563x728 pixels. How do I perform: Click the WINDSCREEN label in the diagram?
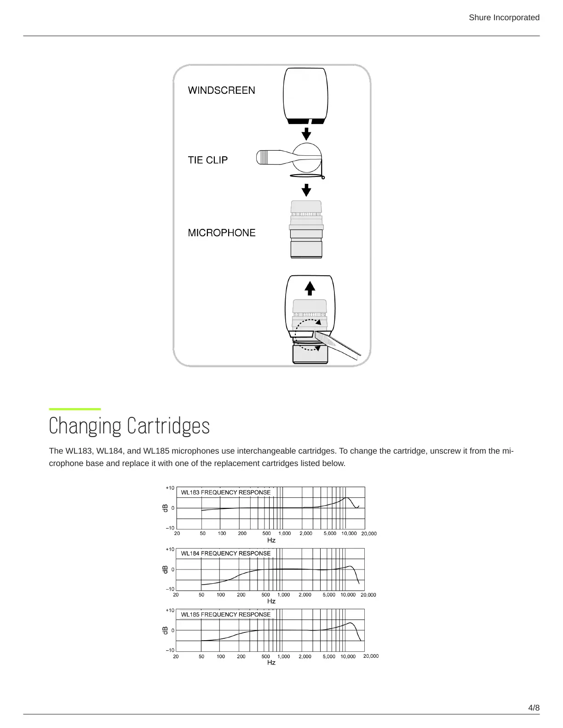221,90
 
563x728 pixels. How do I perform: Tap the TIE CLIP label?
207,160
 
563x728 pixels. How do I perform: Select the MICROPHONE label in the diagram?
221,233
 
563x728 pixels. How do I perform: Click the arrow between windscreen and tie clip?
306,134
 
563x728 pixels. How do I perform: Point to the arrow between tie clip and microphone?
306,189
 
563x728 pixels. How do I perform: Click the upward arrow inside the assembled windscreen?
310,288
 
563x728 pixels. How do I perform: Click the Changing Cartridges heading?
129,426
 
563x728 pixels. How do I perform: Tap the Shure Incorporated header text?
504,17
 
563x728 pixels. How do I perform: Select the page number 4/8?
534,707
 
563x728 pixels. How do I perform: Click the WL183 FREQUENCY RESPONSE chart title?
225,492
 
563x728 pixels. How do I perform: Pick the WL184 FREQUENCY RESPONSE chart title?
225,553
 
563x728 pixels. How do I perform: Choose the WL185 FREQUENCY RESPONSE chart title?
225,614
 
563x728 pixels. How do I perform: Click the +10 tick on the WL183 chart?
170,488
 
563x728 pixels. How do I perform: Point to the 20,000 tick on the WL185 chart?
371,656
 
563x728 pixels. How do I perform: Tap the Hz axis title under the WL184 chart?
271,601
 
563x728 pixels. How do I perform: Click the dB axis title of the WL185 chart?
165,631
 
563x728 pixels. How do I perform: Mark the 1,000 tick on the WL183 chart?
285,534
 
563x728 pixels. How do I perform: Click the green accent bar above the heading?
75,409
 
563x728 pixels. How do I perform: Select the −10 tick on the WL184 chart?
170,589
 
